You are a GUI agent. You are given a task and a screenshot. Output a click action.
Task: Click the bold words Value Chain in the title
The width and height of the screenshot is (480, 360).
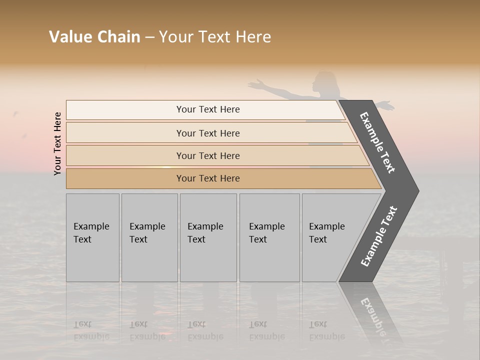point(94,37)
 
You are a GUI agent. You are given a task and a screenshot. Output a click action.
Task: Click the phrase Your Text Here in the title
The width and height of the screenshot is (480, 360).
point(215,37)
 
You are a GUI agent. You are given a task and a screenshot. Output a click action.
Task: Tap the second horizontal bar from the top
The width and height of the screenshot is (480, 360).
point(208,133)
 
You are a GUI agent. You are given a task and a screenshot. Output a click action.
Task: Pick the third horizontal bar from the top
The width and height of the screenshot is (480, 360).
point(208,155)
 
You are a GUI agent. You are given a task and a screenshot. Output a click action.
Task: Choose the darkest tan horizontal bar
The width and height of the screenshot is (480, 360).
point(208,178)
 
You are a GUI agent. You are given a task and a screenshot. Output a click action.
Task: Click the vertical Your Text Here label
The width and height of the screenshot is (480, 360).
point(57,143)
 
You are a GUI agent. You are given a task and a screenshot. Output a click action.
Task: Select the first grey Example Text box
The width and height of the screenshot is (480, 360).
point(92,237)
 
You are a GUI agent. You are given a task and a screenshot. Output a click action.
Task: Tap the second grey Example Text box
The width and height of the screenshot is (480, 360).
point(149,237)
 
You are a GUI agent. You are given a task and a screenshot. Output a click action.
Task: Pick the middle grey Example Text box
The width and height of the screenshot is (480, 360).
point(208,237)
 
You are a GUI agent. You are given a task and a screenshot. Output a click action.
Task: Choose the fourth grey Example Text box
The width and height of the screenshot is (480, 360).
point(269,237)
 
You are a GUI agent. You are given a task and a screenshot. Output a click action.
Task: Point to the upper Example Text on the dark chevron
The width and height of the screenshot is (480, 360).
point(377,142)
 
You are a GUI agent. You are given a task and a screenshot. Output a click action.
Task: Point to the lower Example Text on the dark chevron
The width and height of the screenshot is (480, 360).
point(379,236)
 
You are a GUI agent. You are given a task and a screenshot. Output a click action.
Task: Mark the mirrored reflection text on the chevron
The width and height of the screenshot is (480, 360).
point(373,315)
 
